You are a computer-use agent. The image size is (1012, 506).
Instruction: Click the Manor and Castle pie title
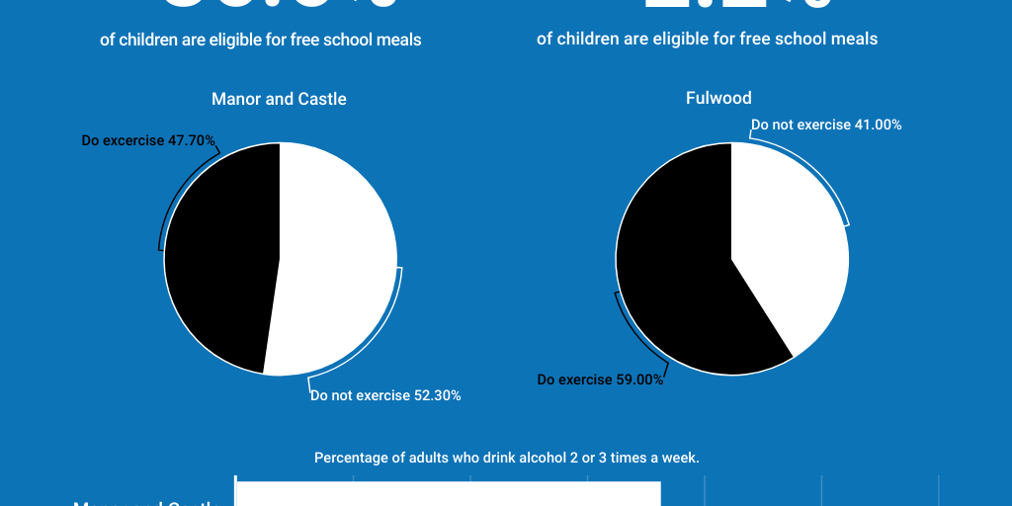(x=279, y=99)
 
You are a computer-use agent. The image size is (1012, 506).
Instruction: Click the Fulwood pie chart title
(x=718, y=98)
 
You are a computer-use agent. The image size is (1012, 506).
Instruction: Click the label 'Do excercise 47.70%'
(x=148, y=140)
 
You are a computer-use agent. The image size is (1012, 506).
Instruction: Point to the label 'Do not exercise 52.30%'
(x=385, y=395)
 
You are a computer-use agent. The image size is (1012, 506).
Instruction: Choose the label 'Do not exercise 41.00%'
(x=826, y=125)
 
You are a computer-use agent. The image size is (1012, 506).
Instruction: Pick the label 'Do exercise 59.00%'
(x=600, y=379)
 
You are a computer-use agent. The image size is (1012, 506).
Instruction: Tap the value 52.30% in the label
(x=437, y=395)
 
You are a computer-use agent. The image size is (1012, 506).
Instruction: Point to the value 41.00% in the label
(x=878, y=125)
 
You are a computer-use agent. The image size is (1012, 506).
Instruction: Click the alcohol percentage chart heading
(x=506, y=458)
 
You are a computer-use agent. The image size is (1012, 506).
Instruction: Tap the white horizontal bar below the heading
(x=448, y=493)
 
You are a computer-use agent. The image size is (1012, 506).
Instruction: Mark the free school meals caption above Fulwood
(x=707, y=39)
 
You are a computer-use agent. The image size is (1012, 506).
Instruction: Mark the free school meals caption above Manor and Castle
(x=260, y=40)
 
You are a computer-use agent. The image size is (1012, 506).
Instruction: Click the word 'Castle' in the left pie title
(x=324, y=99)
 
